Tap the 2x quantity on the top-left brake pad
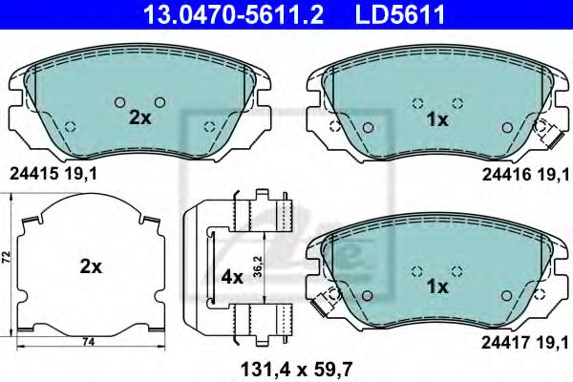coord(140,118)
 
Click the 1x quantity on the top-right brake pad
coord(437,118)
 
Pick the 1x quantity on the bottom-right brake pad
coord(437,286)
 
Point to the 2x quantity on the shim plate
coord(91,267)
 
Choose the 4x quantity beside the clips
coord(233,277)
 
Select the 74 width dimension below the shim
coord(87,342)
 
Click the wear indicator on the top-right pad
coord(551,136)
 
